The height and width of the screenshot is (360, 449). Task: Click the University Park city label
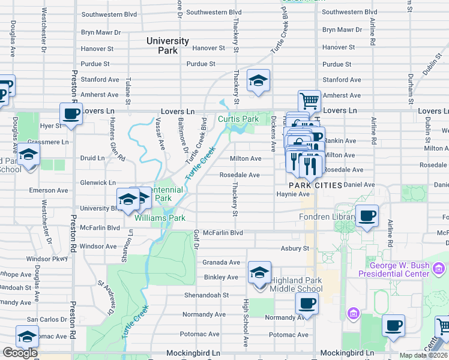tap(167, 46)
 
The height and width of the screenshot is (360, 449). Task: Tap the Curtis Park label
tap(238, 119)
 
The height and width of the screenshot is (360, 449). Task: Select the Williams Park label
tap(160, 218)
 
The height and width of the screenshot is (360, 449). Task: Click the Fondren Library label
tap(328, 217)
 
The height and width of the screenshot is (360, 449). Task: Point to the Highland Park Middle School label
tap(297, 284)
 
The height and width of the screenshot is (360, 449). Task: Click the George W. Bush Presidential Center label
tap(394, 269)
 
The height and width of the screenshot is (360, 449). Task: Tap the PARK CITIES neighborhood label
tap(315, 185)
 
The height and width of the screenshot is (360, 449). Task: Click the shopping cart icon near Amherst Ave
tap(309, 100)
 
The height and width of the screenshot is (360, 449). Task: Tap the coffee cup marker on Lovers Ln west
tap(71, 113)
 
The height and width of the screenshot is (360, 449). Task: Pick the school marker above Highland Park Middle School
tap(259, 273)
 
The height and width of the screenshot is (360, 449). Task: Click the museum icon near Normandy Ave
tap(352, 313)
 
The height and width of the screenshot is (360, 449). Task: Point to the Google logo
tap(20, 353)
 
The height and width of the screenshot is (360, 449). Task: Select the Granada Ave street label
tap(221, 262)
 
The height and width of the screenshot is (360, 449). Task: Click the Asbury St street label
tap(295, 248)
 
